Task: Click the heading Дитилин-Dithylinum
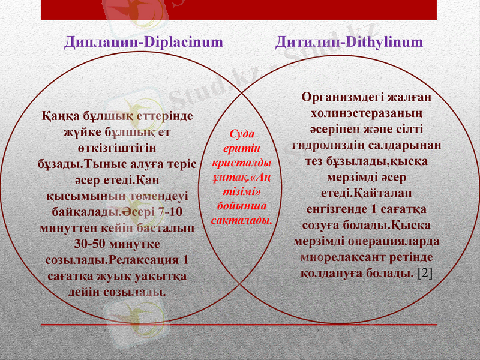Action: pyautogui.click(x=349, y=42)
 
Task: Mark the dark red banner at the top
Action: pyautogui.click(x=238, y=10)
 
